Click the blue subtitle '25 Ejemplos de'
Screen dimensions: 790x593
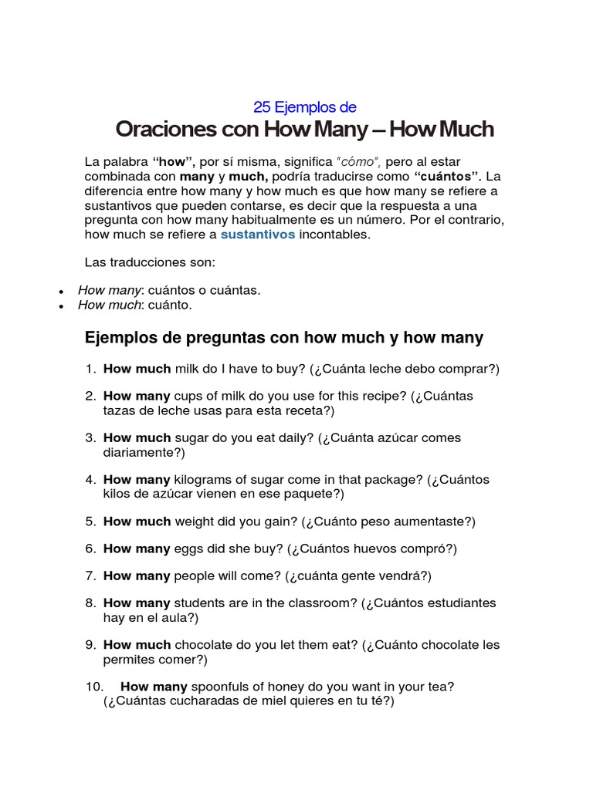(305, 107)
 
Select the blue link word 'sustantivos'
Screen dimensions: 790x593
(258, 235)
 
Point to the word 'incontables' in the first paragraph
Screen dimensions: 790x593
(334, 235)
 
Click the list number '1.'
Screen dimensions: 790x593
(90, 369)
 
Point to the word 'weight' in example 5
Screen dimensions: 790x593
(196, 522)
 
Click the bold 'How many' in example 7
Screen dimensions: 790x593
(137, 576)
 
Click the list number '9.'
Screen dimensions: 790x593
(90, 645)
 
